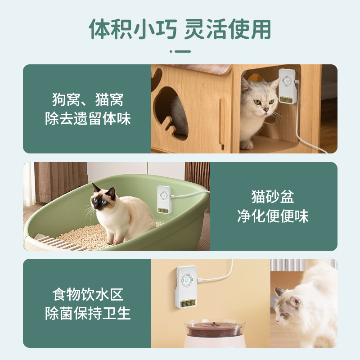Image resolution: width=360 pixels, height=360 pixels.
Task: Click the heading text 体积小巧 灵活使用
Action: pyautogui.click(x=180, y=29)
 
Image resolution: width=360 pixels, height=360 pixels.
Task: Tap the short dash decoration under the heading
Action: pyautogui.click(x=180, y=51)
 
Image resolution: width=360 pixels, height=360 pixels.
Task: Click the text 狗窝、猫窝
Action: pyautogui.click(x=88, y=99)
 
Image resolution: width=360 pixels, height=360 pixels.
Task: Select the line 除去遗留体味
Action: pyautogui.click(x=88, y=118)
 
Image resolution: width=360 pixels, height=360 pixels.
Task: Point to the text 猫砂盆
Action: pyautogui.click(x=273, y=197)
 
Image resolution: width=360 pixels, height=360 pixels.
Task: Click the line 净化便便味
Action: pyautogui.click(x=273, y=216)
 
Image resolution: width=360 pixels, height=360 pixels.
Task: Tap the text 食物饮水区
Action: pyautogui.click(x=88, y=294)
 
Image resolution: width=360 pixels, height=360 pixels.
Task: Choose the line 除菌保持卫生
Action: pyautogui.click(x=88, y=313)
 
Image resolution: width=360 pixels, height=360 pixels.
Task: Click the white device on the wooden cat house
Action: pyautogui.click(x=287, y=86)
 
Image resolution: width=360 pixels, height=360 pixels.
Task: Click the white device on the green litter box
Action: pyautogui.click(x=164, y=199)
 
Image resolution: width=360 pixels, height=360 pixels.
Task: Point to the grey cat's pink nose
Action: pyautogui.click(x=266, y=110)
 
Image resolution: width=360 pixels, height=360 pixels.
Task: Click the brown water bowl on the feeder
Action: pyautogui.click(x=215, y=329)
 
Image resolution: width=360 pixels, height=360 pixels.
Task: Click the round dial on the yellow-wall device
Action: pyautogui.click(x=188, y=280)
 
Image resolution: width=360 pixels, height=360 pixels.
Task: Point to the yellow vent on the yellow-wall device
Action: pyautogui.click(x=188, y=303)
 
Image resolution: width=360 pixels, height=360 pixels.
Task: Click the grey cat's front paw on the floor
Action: pyautogui.click(x=247, y=145)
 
